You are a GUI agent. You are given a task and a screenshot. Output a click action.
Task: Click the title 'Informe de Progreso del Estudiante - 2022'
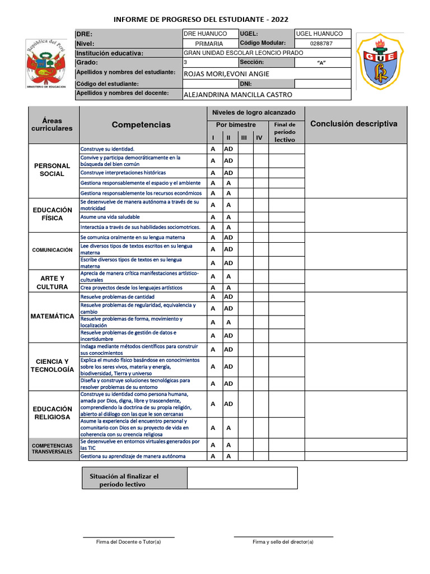[201, 19]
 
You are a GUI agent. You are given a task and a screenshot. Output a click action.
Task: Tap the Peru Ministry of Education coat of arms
[47, 63]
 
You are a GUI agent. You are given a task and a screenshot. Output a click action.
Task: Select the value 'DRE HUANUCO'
[205, 34]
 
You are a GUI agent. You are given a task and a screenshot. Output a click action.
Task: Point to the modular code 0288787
[321, 43]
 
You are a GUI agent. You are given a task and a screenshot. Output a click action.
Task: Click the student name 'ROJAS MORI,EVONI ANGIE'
[226, 74]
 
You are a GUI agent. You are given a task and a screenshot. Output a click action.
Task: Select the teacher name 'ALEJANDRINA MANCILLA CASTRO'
[237, 95]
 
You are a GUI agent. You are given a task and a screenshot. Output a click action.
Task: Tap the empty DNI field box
[322, 84]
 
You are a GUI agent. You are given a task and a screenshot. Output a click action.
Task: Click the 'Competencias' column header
[141, 124]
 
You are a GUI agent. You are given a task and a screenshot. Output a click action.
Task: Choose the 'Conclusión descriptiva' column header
[353, 124]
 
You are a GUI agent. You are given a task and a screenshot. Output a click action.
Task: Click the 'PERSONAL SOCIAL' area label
[52, 170]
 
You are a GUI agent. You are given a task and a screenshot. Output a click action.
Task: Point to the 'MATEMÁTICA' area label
[52, 316]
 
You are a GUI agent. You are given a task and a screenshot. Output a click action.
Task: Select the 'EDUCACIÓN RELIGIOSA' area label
[52, 413]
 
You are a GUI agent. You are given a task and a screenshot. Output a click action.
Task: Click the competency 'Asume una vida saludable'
[110, 217]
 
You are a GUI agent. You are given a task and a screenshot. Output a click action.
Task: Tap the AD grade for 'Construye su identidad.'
[228, 150]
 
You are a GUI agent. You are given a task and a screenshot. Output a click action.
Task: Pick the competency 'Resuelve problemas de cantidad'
[117, 297]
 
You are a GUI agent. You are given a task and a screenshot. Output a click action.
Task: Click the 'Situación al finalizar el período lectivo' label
[124, 480]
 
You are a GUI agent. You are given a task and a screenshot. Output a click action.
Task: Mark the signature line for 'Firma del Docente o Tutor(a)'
[128, 536]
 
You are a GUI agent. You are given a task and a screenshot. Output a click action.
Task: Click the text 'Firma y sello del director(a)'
[283, 542]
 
